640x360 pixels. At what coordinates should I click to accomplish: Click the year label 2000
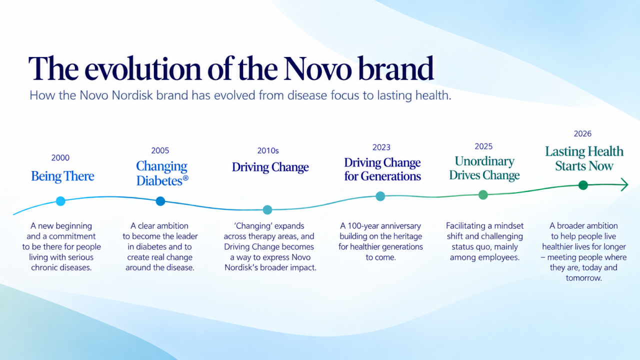[60, 157]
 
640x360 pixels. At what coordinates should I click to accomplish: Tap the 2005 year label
[160, 150]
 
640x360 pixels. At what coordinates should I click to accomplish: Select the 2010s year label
[267, 150]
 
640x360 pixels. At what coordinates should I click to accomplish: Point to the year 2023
[381, 147]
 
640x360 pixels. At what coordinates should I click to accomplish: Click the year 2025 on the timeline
[483, 146]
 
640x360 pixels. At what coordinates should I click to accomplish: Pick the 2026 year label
[582, 133]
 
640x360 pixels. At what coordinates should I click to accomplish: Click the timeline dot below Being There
[60, 201]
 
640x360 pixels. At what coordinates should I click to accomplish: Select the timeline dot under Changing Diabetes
[160, 201]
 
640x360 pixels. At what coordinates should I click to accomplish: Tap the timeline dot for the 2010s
[267, 210]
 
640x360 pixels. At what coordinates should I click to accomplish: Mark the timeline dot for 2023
[380, 196]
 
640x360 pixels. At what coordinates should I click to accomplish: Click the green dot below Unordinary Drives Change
[483, 195]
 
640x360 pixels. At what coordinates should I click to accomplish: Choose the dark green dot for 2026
[583, 185]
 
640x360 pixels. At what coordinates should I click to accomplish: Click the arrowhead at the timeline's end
[624, 184]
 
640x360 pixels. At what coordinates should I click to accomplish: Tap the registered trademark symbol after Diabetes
[185, 178]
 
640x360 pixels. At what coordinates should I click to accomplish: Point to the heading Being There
[62, 176]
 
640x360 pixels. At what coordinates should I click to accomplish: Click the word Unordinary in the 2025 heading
[484, 161]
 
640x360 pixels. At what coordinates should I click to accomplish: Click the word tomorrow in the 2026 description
[583, 278]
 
